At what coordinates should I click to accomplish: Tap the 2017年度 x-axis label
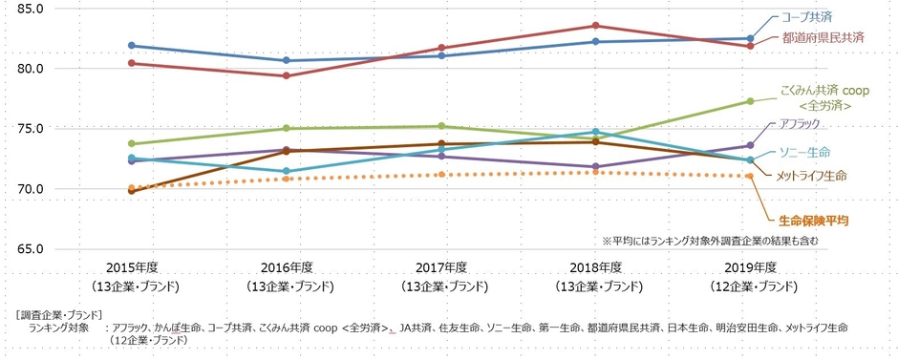(440, 267)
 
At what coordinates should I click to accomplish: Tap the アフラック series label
(806, 125)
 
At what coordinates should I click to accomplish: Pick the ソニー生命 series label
(804, 152)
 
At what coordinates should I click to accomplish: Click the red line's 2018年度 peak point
(595, 26)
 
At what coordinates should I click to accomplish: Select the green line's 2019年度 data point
(750, 101)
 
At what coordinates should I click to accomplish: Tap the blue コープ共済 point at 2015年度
(131, 46)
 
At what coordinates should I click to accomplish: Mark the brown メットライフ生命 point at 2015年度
(131, 192)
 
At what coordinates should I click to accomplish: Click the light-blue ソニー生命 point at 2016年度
(286, 172)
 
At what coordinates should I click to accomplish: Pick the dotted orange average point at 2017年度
(440, 174)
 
